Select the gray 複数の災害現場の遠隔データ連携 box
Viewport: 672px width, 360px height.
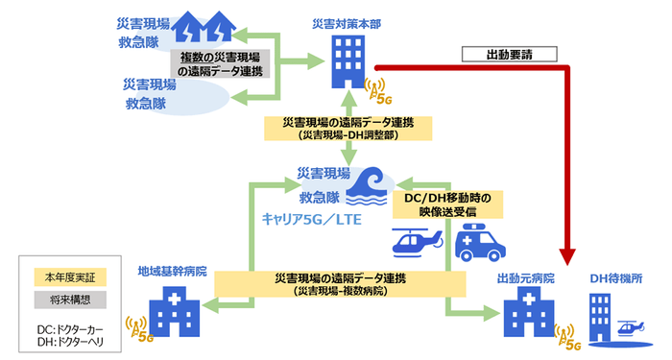pos(224,64)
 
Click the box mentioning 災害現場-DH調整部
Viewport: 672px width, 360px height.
pos(341,131)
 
